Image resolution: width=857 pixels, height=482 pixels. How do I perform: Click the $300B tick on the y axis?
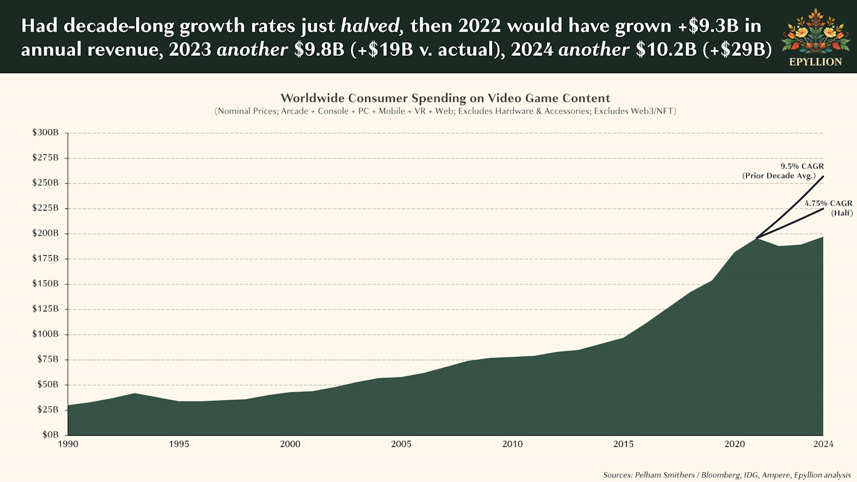click(x=46, y=132)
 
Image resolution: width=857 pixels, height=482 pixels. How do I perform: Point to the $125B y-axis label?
click(x=46, y=309)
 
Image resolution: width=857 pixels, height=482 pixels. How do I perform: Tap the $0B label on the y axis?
click(x=50, y=435)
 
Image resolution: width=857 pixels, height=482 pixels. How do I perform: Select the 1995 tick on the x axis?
click(x=179, y=444)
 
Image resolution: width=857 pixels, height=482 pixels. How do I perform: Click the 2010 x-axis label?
click(x=512, y=444)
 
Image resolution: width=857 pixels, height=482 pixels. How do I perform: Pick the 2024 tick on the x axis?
click(x=823, y=444)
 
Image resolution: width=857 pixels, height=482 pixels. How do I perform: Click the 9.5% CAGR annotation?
click(x=802, y=166)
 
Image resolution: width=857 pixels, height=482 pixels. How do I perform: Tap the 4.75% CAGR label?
click(x=828, y=203)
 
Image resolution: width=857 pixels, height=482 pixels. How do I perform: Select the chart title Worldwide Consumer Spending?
click(x=445, y=98)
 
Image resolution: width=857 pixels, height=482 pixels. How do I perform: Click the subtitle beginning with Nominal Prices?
click(x=445, y=111)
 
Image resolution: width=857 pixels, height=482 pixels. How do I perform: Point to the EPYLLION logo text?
click(x=815, y=62)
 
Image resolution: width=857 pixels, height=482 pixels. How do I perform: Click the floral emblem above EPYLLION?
click(x=815, y=31)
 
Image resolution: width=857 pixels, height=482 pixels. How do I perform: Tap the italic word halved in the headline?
click(x=370, y=26)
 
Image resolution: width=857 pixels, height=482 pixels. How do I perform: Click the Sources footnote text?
click(x=727, y=475)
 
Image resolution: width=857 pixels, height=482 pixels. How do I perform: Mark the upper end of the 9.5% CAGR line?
click(x=823, y=176)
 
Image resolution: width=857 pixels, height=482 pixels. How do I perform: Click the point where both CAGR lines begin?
click(x=756, y=238)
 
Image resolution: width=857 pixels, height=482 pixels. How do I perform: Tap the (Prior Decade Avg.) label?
click(x=779, y=176)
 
